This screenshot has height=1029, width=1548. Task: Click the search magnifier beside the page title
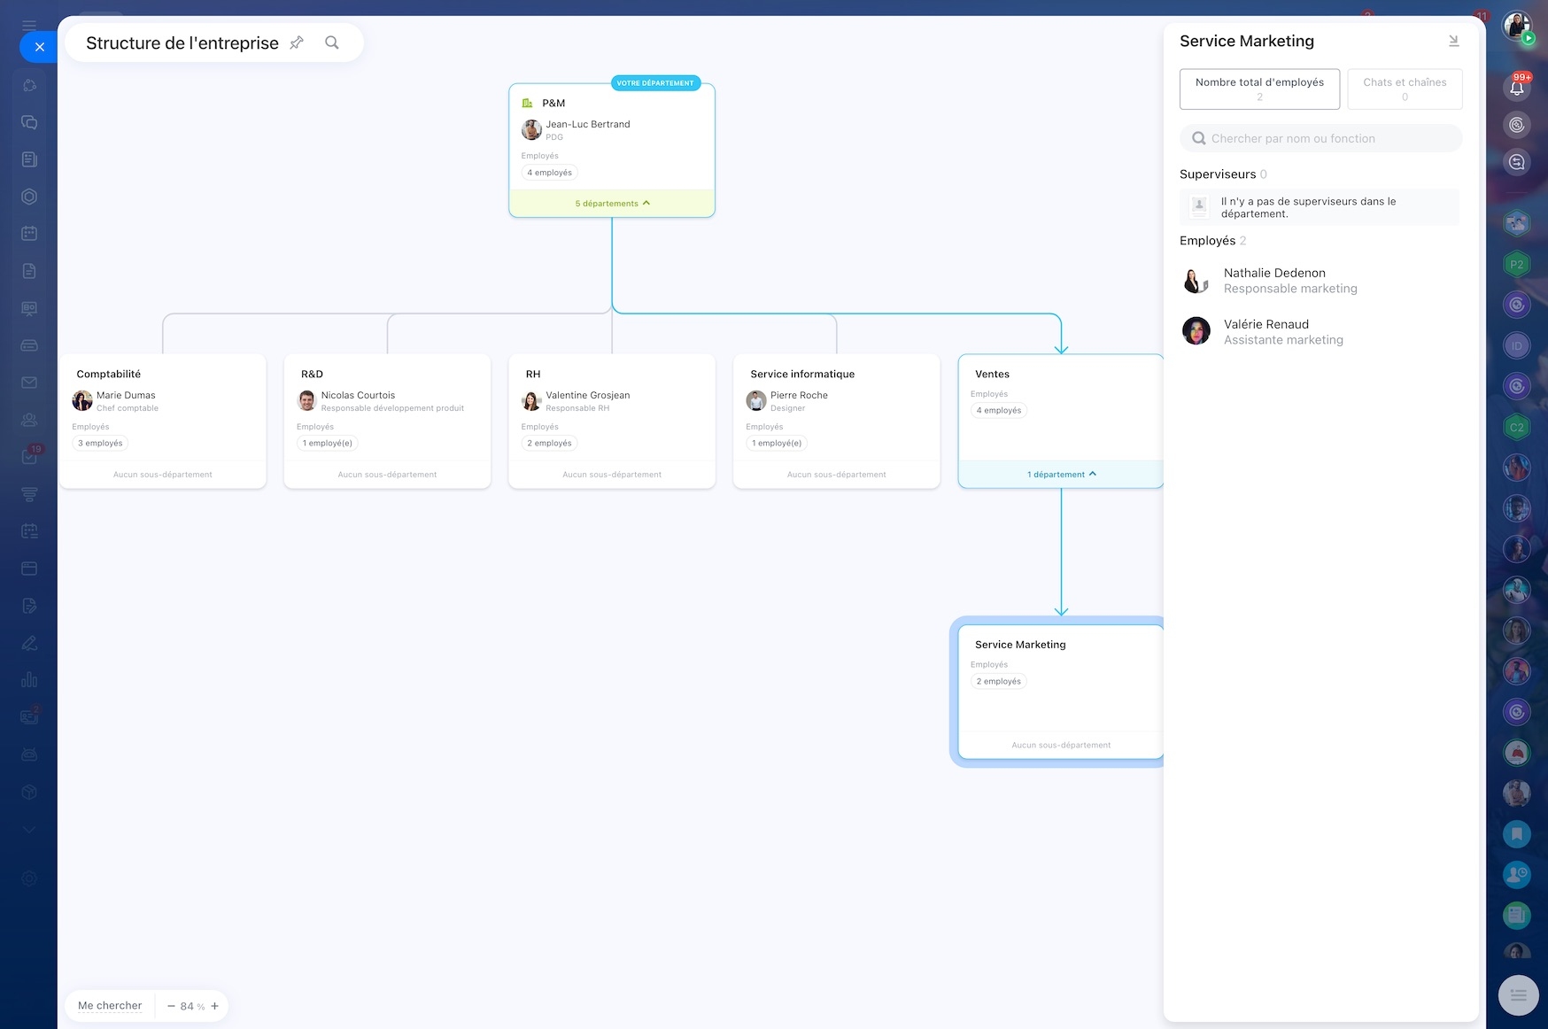point(332,43)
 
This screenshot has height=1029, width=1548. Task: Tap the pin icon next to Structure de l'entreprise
point(297,43)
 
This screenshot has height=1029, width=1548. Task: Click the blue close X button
point(39,47)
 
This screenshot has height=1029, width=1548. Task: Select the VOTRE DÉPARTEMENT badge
point(655,83)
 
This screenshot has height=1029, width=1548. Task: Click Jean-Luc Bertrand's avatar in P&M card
point(531,130)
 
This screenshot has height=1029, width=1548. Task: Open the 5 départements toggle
point(612,204)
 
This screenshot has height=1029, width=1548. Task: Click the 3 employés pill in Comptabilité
point(100,443)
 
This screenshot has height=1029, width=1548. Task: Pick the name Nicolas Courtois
point(358,395)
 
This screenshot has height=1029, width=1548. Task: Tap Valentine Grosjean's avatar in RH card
point(531,401)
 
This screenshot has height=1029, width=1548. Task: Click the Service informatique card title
point(802,374)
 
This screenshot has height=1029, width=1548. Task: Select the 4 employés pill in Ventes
point(999,410)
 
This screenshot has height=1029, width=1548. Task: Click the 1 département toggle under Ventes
point(1061,475)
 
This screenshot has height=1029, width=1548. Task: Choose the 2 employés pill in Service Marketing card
point(999,681)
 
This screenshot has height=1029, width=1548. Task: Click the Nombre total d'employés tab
point(1259,89)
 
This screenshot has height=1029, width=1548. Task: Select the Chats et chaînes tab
point(1405,89)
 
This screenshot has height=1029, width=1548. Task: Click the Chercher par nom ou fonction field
point(1320,138)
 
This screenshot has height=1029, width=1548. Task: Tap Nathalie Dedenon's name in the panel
point(1274,273)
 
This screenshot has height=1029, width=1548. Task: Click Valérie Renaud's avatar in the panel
point(1196,331)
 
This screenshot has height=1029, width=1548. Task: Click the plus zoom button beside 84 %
point(214,1006)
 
